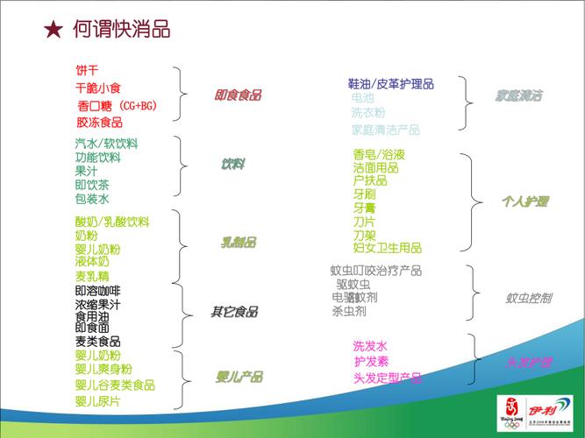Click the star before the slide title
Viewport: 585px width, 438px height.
53,30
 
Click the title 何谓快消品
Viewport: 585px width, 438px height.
122,30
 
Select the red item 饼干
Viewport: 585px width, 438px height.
87,70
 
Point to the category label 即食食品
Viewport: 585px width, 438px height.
238,95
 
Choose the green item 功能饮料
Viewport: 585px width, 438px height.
98,158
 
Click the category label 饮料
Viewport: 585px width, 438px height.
232,165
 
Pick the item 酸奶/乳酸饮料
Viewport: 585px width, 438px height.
112,222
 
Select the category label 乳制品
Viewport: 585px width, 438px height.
238,242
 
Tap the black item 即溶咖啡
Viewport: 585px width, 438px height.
98,291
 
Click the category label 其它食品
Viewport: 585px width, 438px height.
234,311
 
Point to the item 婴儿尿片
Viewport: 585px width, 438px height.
98,401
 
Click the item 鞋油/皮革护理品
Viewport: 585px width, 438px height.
391,84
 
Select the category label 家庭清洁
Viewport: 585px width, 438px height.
518,95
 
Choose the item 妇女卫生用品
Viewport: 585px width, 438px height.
388,248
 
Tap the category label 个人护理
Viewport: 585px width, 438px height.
524,201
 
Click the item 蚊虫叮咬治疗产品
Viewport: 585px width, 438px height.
376,270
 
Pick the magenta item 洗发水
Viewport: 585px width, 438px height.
370,346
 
